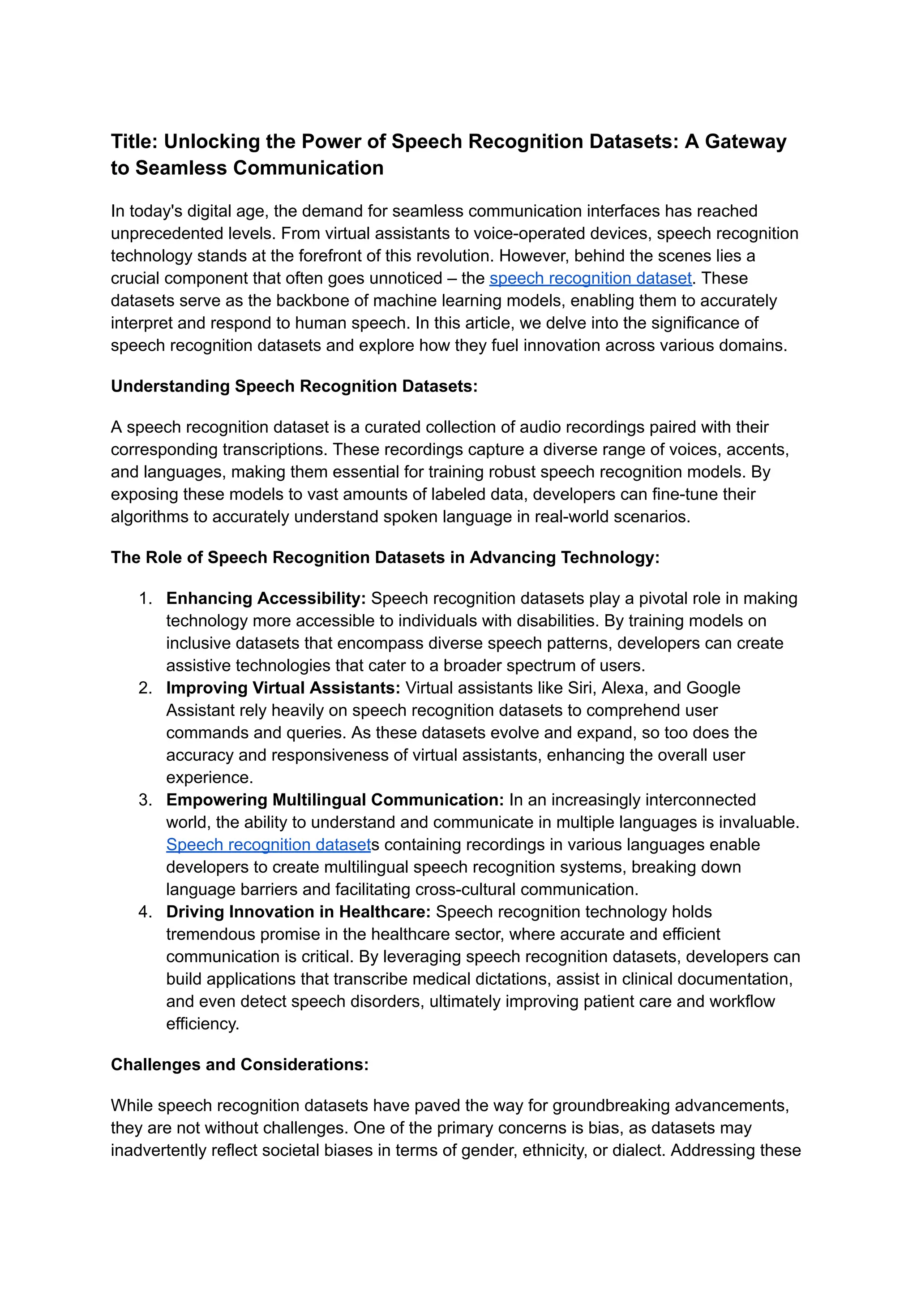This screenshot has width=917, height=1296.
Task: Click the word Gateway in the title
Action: [746, 141]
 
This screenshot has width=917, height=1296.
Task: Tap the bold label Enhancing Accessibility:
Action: [266, 598]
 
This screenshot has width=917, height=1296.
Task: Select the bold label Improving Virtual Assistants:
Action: [283, 688]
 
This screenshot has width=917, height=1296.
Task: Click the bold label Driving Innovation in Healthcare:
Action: [298, 912]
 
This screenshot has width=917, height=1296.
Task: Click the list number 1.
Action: [145, 598]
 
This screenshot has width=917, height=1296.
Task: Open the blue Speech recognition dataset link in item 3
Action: [268, 844]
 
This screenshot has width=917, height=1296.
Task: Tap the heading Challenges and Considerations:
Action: [240, 1064]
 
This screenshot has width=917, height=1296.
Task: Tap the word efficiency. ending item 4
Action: [202, 1024]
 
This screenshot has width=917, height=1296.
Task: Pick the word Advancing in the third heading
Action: [513, 558]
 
